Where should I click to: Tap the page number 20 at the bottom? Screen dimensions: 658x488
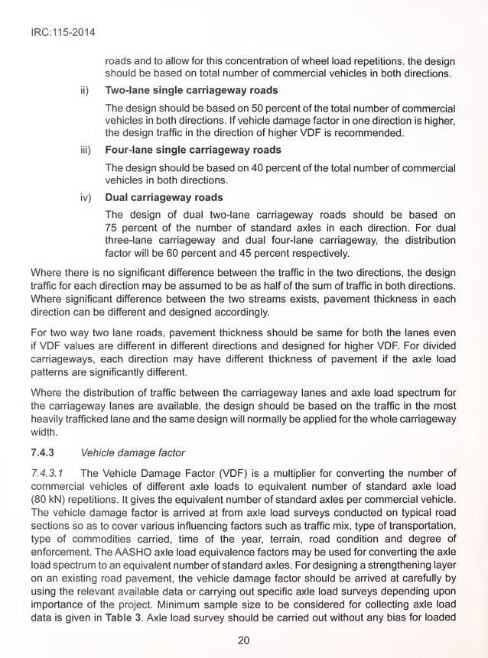click(x=243, y=640)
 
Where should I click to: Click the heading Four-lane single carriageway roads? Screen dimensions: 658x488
click(x=193, y=151)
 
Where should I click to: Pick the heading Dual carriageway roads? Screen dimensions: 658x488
click(x=164, y=197)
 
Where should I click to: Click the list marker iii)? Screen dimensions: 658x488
click(x=86, y=151)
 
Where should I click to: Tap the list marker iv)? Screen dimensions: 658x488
click(x=86, y=197)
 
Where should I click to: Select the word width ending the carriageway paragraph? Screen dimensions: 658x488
click(x=44, y=430)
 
